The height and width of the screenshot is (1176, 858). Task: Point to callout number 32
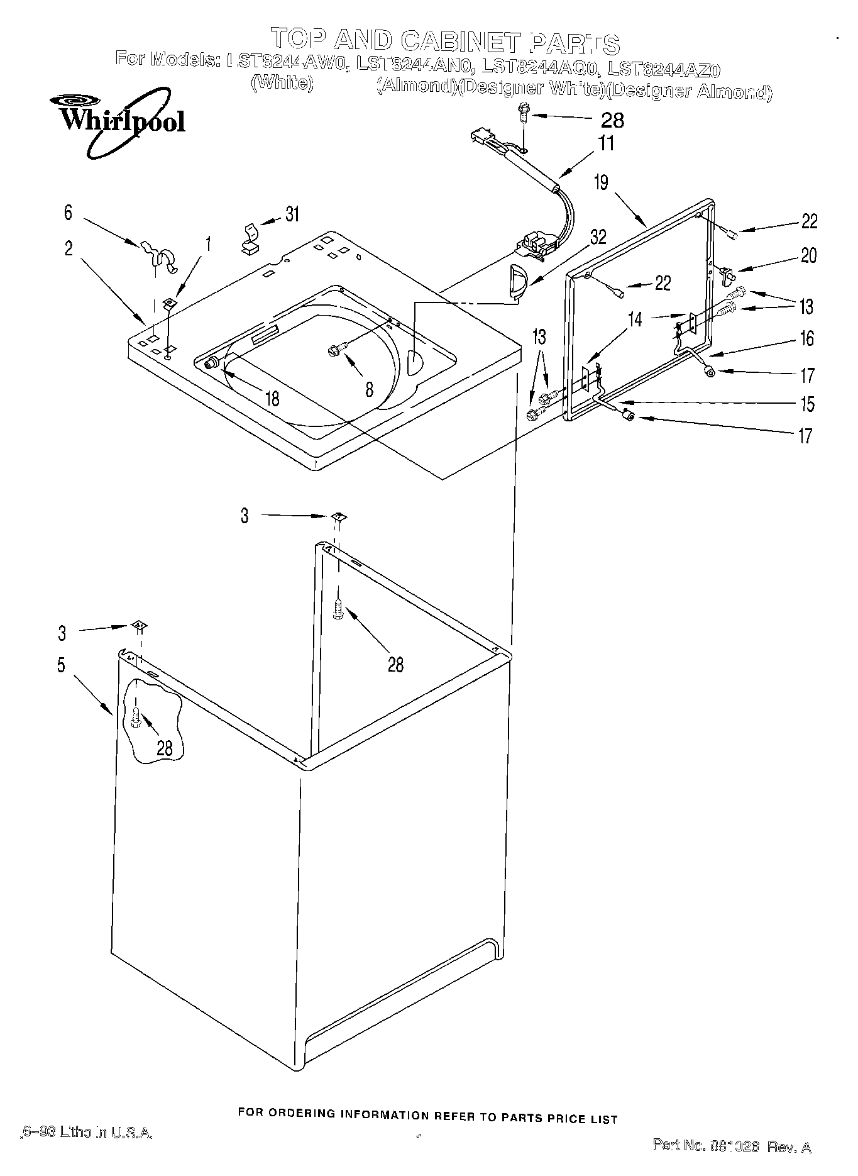pyautogui.click(x=598, y=237)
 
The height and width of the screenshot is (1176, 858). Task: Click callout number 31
pyautogui.click(x=292, y=214)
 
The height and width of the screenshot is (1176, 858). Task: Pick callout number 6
pyautogui.click(x=68, y=213)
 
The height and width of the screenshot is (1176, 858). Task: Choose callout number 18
pyautogui.click(x=272, y=399)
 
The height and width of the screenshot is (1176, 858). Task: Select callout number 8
pyautogui.click(x=369, y=390)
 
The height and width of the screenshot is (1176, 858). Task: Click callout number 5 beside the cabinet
pyautogui.click(x=61, y=665)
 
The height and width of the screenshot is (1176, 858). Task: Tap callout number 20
pyautogui.click(x=808, y=255)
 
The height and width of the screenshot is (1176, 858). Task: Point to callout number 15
pyautogui.click(x=807, y=404)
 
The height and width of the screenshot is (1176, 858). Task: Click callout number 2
pyautogui.click(x=69, y=248)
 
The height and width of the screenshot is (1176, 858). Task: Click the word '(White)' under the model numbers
pyautogui.click(x=282, y=82)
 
